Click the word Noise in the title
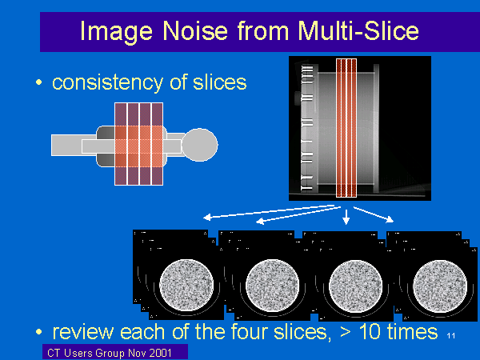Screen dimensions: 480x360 195,31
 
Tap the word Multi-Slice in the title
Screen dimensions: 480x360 358,31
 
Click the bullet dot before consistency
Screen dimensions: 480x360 39,82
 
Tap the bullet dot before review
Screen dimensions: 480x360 39,332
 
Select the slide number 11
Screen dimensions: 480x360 451,336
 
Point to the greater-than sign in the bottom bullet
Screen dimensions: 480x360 346,333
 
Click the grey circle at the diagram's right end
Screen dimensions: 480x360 200,145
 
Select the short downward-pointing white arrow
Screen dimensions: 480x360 346,217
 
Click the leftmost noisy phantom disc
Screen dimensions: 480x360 186,286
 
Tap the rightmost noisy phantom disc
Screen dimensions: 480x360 440,286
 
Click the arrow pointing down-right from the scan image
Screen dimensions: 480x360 374,214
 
